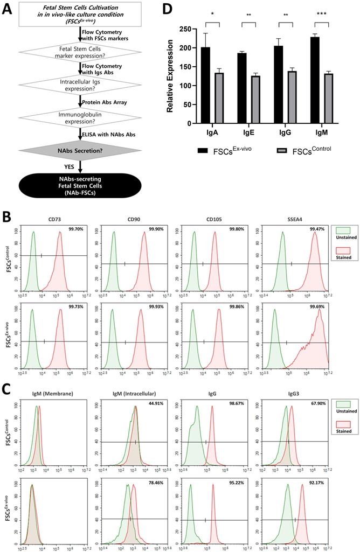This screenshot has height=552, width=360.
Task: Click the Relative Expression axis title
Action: [170, 75]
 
